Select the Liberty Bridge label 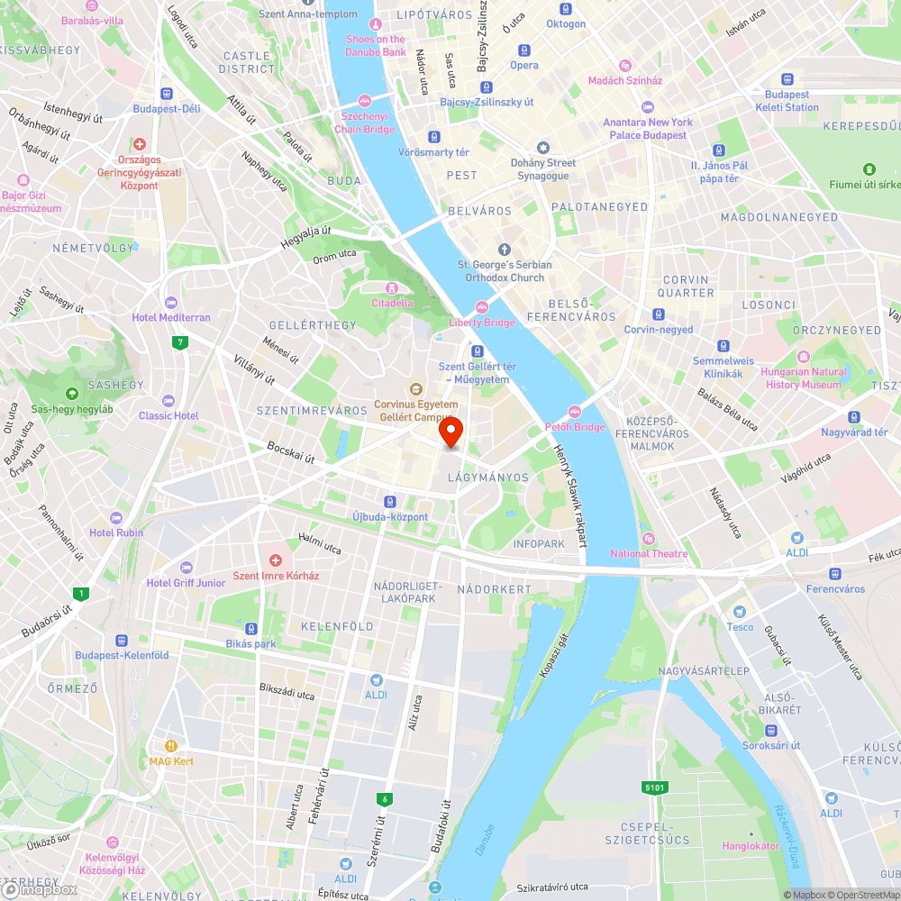(x=482, y=323)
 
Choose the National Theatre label (x=649, y=553)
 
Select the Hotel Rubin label (x=116, y=532)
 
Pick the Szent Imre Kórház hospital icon (x=277, y=560)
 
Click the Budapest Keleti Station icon (x=787, y=79)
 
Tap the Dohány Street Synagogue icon (x=542, y=148)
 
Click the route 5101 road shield (x=655, y=787)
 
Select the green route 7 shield (x=181, y=341)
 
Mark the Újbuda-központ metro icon (x=390, y=501)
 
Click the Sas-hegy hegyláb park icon (x=72, y=393)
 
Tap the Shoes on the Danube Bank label (x=376, y=45)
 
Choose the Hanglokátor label (x=751, y=846)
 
